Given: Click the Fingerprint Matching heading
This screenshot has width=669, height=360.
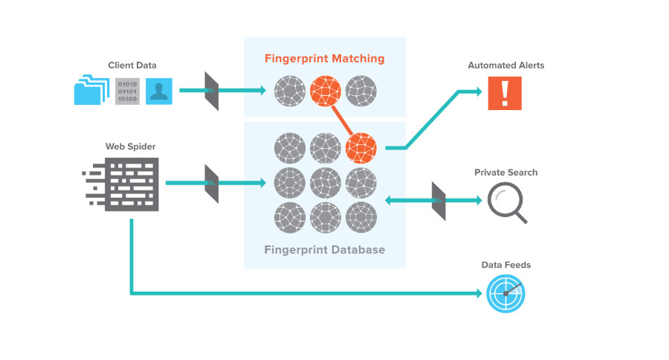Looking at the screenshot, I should click(324, 57).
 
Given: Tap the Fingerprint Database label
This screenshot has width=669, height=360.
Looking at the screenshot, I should click(325, 250).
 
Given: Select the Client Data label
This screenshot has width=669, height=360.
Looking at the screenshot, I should click(132, 65).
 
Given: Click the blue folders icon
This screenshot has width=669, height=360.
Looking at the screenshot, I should click(91, 91).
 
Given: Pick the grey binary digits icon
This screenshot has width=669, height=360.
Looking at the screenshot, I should click(127, 91).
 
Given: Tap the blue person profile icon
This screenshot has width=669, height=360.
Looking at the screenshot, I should click(159, 91).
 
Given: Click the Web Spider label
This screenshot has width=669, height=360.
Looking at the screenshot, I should click(131, 147).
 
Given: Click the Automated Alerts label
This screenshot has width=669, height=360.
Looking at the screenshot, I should click(505, 65).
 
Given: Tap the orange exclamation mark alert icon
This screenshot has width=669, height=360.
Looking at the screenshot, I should click(505, 94).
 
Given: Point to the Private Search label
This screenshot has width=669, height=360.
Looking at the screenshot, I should click(505, 173).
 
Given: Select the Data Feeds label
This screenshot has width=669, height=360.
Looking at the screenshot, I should click(506, 265).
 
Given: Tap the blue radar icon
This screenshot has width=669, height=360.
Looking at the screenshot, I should click(505, 293).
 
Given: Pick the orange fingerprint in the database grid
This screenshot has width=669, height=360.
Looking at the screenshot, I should click(361, 147).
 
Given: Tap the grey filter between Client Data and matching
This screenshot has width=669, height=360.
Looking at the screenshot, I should click(212, 91).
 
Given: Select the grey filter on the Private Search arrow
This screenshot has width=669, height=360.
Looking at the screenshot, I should click(439, 201).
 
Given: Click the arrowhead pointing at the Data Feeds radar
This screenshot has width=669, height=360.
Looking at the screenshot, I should click(478, 294).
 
